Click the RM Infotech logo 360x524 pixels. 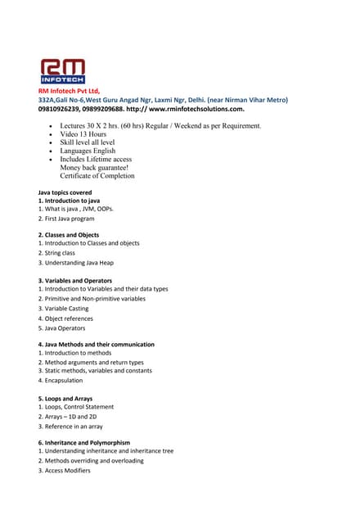(63, 70)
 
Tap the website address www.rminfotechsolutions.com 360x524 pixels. (196, 108)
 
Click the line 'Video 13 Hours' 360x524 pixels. (83, 134)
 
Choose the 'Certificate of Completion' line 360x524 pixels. (97, 175)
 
